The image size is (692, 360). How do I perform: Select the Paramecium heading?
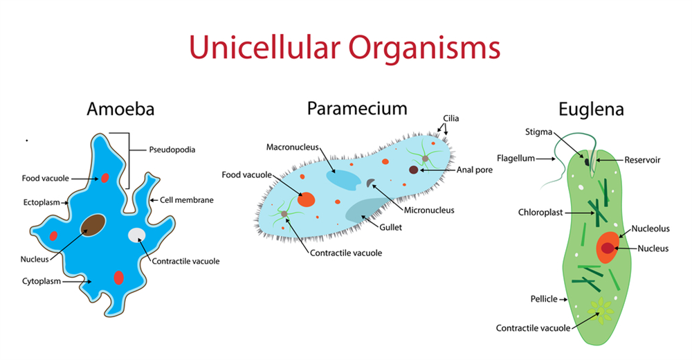tap(357, 108)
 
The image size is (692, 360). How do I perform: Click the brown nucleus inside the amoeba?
tap(93, 225)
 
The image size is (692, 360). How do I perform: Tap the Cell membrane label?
tap(187, 200)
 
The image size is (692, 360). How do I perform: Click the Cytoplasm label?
tap(42, 281)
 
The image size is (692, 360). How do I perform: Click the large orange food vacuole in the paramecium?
tap(306, 200)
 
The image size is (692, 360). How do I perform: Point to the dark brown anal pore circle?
tap(413, 169)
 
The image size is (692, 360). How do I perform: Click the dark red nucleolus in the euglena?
tap(608, 248)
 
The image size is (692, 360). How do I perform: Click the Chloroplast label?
tap(537, 211)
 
